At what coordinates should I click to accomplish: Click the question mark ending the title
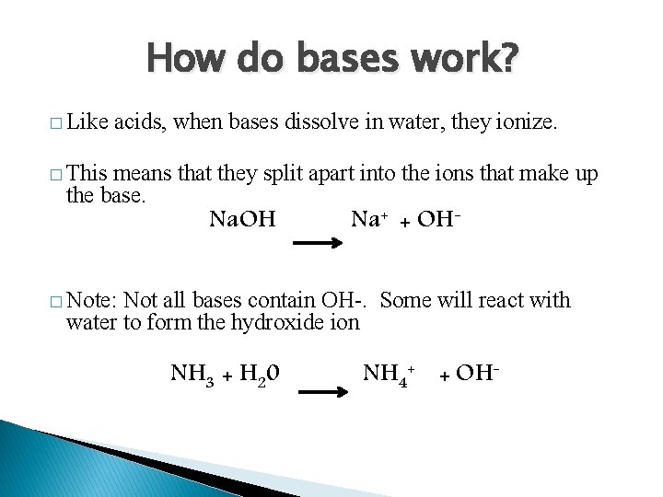pyautogui.click(x=508, y=61)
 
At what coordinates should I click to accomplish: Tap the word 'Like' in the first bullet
pyautogui.click(x=87, y=121)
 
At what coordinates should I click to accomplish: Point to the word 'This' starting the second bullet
pyautogui.click(x=87, y=175)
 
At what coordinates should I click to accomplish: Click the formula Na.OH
pyautogui.click(x=243, y=219)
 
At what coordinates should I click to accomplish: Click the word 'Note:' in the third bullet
pyautogui.click(x=92, y=300)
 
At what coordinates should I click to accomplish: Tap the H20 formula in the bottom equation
pyautogui.click(x=261, y=374)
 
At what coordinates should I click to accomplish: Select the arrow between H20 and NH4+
pyautogui.click(x=325, y=392)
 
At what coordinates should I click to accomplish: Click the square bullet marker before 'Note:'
pyautogui.click(x=57, y=302)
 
